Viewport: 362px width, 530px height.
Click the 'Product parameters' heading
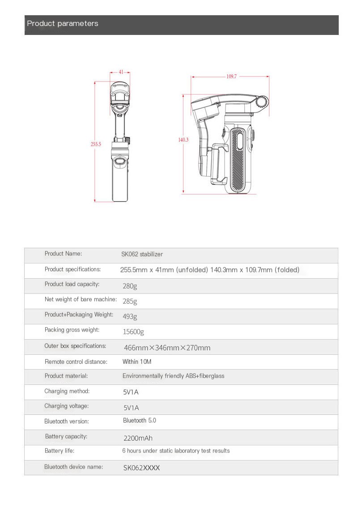63,24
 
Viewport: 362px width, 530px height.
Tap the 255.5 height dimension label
96,144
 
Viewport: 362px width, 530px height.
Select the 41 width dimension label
121,72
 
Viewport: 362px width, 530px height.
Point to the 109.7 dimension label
231,77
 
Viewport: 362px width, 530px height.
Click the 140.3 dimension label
183,140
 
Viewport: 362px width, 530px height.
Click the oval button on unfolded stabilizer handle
119,162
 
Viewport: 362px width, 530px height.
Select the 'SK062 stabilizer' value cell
142,254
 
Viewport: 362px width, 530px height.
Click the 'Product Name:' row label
63,254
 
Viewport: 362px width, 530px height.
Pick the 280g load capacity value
130,286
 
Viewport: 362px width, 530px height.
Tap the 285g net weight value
130,301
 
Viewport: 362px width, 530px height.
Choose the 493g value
130,316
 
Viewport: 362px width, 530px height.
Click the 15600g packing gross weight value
133,332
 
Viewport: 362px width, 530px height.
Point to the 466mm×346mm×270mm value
167,348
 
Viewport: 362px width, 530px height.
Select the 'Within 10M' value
137,362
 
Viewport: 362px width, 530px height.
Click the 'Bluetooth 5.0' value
140,421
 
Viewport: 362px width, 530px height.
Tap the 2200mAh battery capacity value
138,438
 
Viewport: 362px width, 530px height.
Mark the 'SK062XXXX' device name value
141,468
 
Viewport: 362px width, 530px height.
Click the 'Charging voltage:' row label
67,406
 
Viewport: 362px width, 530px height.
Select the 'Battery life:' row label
60,451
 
